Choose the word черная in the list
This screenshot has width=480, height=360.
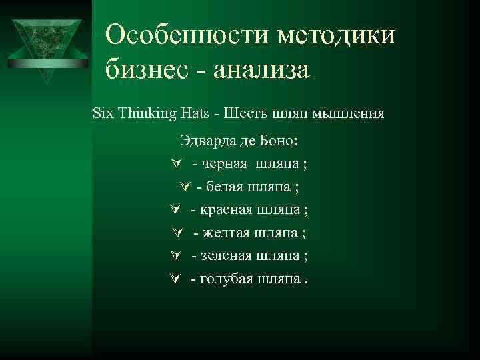tap(223, 164)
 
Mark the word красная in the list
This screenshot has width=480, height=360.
tap(226, 210)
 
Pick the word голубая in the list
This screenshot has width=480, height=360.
tap(227, 279)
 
